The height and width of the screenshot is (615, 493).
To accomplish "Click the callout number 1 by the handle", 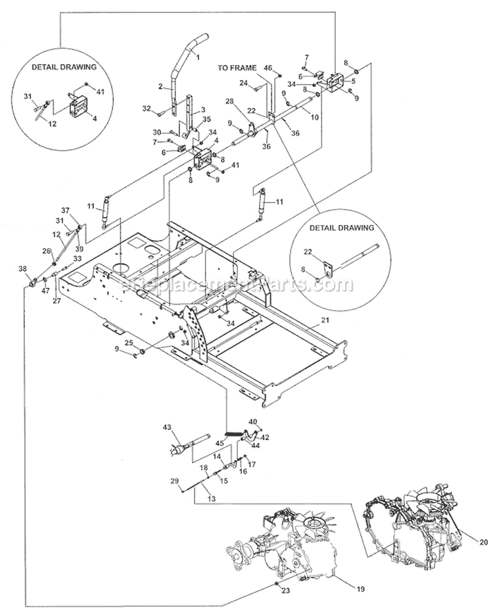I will pos(197,59).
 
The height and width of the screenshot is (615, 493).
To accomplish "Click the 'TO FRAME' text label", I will pos(238,67).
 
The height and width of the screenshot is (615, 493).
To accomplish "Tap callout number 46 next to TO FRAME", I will pos(268,67).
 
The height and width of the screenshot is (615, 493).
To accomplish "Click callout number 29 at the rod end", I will pos(175,481).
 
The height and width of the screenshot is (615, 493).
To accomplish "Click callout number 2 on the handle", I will pos(160,86).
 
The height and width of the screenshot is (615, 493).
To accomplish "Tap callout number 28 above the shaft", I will pos(229,101).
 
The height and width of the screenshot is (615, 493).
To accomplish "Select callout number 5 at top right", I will pos(352,81).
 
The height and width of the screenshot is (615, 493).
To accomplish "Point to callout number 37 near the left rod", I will pos(65,210).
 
